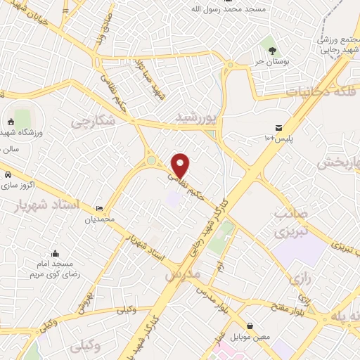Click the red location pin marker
[181, 165]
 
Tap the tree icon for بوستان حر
[272, 49]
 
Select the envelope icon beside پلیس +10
[279, 128]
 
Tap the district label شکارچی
[91, 122]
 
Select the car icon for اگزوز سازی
[7, 174]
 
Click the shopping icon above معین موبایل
[251, 325]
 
